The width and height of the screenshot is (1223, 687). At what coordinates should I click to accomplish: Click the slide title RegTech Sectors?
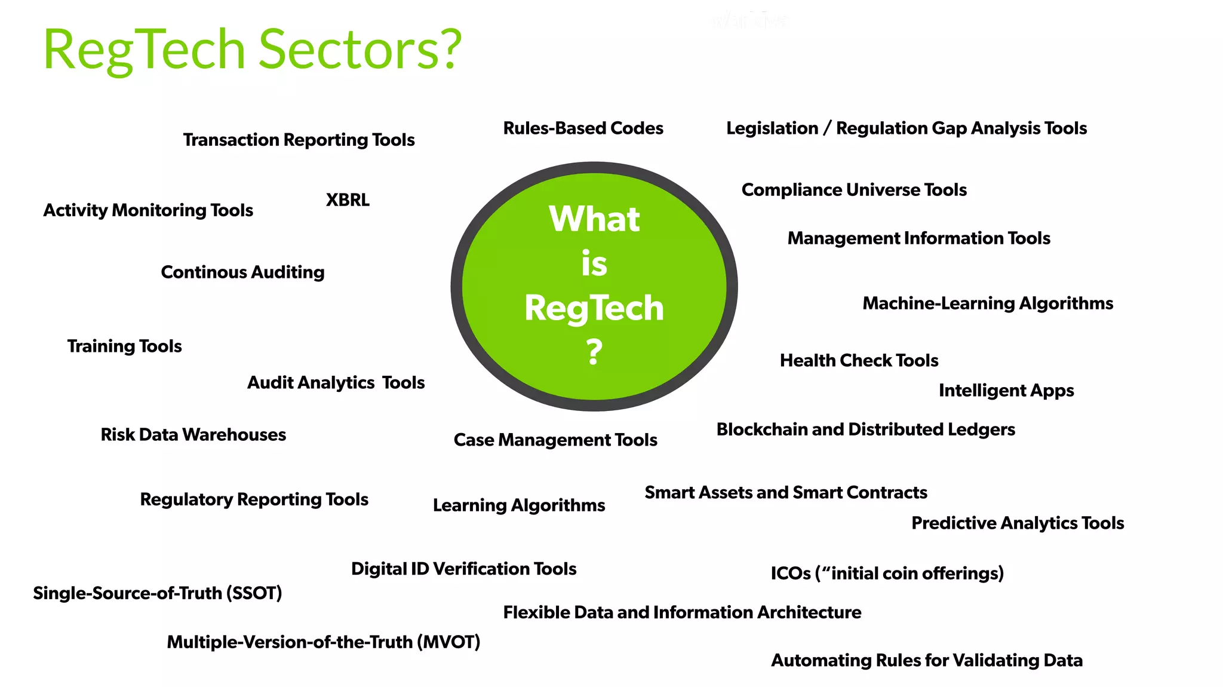(252, 50)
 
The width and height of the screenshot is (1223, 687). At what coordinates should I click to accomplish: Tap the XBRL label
(348, 200)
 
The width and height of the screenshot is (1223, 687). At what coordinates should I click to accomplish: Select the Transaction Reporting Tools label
(299, 140)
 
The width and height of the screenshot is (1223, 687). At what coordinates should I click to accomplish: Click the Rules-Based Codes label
(583, 128)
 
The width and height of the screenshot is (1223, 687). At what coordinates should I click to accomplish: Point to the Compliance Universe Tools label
(854, 190)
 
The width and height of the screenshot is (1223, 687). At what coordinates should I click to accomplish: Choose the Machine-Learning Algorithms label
(988, 303)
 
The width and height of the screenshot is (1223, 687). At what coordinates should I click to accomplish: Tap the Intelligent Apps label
(1006, 391)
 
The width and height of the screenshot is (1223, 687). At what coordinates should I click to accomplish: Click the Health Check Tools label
(859, 361)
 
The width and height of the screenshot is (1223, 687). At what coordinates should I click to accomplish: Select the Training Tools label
(124, 346)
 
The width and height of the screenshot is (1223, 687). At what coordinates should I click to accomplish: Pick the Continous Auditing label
(242, 272)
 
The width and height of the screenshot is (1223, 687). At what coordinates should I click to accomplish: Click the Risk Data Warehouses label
(193, 435)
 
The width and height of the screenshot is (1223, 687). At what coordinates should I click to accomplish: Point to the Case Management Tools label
(555, 440)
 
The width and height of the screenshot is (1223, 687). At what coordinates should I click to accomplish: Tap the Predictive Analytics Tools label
(1018, 523)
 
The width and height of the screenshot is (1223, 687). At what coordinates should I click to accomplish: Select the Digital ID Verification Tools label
(463, 569)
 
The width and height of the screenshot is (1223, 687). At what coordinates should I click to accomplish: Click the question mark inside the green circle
(594, 352)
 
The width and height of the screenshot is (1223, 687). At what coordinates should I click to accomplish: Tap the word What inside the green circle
(594, 219)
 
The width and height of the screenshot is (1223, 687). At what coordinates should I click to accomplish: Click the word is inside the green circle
(594, 263)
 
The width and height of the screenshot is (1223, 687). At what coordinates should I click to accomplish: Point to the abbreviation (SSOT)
(254, 593)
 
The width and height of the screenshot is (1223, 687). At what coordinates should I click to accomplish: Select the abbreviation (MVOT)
(448, 642)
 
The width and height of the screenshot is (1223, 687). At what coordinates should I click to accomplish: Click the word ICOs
(790, 573)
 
